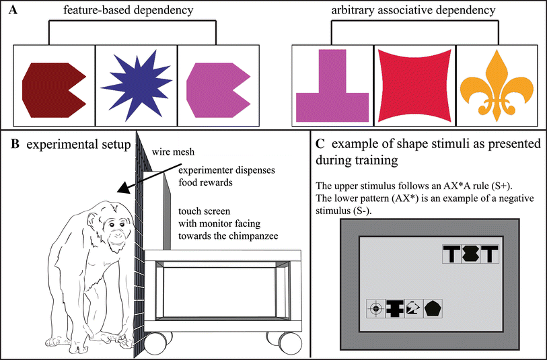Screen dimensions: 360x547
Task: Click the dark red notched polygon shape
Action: pyautogui.click(x=52, y=89)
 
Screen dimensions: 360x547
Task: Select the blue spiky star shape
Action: pyautogui.click(x=135, y=88)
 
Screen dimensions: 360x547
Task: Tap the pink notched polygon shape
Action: pyautogui.click(x=215, y=89)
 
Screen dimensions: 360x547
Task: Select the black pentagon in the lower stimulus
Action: pyautogui.click(x=432, y=309)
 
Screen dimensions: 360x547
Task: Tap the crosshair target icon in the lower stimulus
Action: pyautogui.click(x=376, y=309)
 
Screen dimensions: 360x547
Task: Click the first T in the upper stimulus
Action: pyautogui.click(x=453, y=255)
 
